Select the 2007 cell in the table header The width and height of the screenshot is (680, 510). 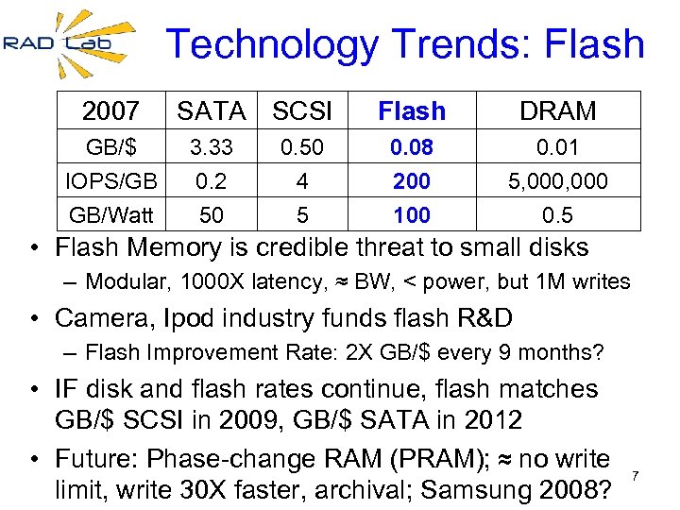110,111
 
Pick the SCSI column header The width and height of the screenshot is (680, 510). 302,111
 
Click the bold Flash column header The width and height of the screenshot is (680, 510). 412,111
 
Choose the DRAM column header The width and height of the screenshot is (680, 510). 558,111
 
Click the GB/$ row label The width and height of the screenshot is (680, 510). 110,148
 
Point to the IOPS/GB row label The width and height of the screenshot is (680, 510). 110,181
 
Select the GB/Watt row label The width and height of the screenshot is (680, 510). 110,215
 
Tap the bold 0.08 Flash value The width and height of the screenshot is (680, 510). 412,148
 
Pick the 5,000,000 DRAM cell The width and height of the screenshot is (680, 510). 558,181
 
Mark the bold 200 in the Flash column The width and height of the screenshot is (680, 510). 412,181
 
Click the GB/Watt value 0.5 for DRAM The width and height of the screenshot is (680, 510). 558,215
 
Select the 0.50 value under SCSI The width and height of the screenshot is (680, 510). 302,148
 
